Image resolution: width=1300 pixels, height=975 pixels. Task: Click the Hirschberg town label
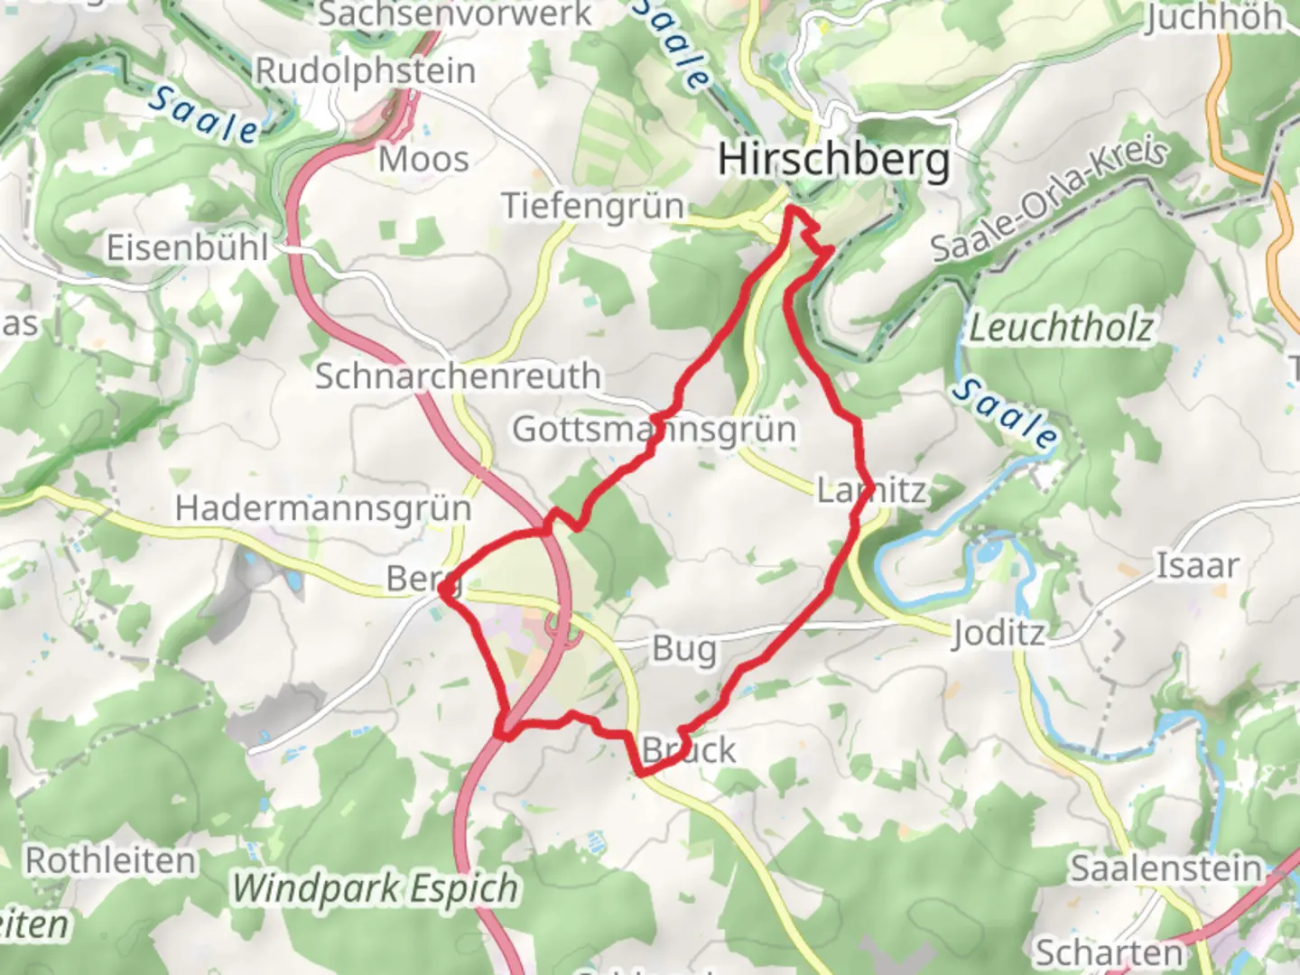coord(833,161)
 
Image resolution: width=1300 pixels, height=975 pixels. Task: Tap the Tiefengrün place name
coord(593,206)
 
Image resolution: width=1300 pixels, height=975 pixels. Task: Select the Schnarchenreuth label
coord(457,376)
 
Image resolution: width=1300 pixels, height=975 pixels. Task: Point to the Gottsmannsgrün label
coord(654,429)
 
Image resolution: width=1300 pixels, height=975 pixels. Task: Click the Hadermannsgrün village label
coord(323,507)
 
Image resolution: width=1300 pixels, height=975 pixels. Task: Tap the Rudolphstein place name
coord(365,70)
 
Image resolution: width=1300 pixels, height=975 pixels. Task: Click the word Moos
coord(423,160)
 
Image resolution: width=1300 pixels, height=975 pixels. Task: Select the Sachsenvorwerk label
coord(455,14)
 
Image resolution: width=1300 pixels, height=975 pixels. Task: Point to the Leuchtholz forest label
coord(1061,328)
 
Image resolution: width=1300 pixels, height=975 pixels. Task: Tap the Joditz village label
coord(997,633)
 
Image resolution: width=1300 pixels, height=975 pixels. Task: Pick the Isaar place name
coord(1198,566)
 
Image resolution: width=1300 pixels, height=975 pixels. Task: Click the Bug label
coord(684,649)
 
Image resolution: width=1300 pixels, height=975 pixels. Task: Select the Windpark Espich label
coord(375,888)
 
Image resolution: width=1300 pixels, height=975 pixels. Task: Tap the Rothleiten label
coord(109,860)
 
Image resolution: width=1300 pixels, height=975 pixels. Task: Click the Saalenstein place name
coord(1165,868)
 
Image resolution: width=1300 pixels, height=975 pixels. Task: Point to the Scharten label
coord(1108,952)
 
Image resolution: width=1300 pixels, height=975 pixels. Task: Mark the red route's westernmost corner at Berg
coord(442,589)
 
